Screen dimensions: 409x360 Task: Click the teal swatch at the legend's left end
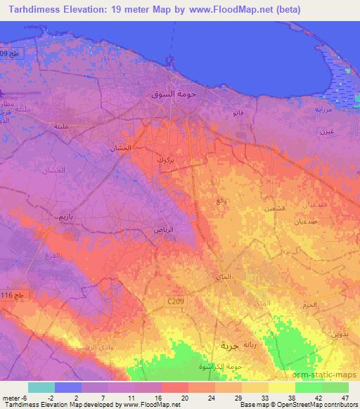coord(41,387)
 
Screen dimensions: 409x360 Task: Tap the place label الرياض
coord(165,230)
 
